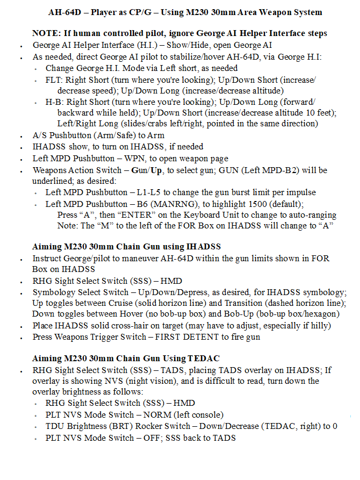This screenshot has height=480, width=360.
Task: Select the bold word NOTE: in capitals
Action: [x=45, y=33]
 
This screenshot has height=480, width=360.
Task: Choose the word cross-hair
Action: [x=141, y=326]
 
